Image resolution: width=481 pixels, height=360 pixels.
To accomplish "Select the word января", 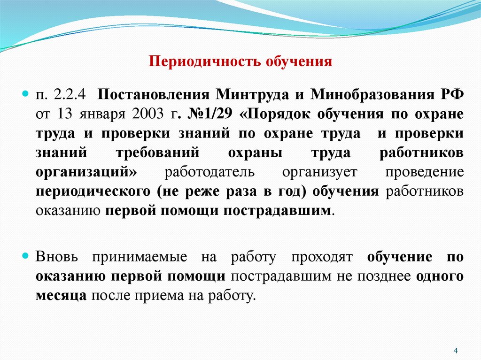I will [103, 114].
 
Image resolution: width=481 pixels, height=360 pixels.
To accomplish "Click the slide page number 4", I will [456, 350].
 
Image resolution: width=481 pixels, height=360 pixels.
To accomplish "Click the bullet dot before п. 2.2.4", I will [27, 93].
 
